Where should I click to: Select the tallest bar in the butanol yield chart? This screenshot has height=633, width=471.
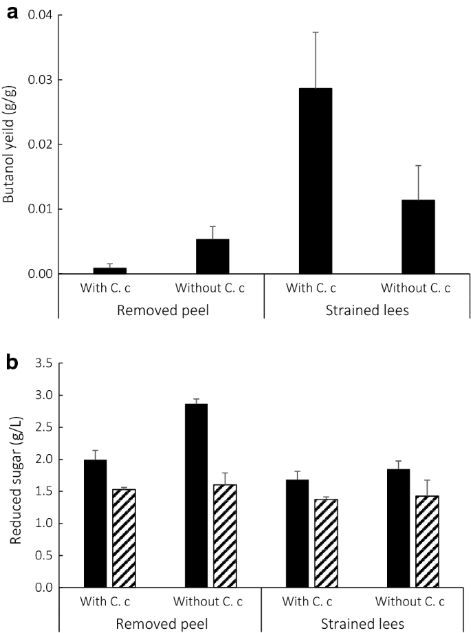click(x=316, y=181)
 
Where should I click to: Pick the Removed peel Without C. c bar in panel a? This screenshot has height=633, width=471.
click(x=212, y=256)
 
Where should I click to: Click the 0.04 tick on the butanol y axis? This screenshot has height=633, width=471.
click(x=39, y=15)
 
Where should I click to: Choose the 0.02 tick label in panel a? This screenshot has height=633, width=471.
click(x=39, y=144)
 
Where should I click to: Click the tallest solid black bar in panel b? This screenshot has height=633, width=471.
click(x=197, y=495)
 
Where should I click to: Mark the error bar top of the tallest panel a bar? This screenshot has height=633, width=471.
click(x=316, y=32)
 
